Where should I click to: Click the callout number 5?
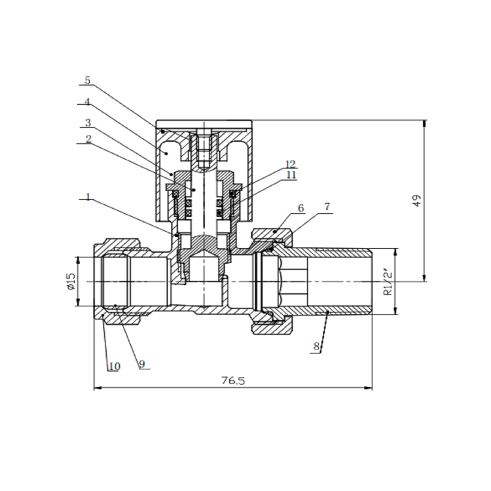(88, 81)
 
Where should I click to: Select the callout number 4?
(88, 103)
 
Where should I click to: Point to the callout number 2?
(88, 139)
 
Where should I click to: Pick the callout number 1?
(88, 196)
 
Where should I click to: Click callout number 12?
(291, 163)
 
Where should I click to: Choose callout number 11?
(291, 175)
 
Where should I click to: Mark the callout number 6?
(300, 208)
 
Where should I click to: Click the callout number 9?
(141, 364)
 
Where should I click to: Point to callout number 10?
(114, 367)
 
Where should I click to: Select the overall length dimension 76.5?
(233, 381)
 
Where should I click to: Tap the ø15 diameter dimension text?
(70, 282)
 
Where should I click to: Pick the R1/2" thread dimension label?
(388, 282)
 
